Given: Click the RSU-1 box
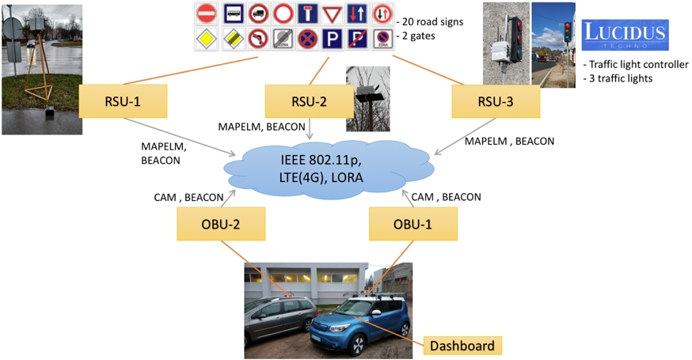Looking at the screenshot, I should [x=123, y=101].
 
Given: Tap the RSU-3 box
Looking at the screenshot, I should [x=495, y=102].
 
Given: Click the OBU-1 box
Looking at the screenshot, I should [x=413, y=225].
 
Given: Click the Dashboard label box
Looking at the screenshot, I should [x=462, y=346].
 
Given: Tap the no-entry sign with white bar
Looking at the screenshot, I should [x=207, y=13].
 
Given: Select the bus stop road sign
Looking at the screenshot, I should [x=233, y=13].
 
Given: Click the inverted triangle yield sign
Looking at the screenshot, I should [x=332, y=13].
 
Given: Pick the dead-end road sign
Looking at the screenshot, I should [x=307, y=13].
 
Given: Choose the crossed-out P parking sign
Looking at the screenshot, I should [x=357, y=39].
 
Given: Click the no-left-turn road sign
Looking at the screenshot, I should [x=257, y=39].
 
